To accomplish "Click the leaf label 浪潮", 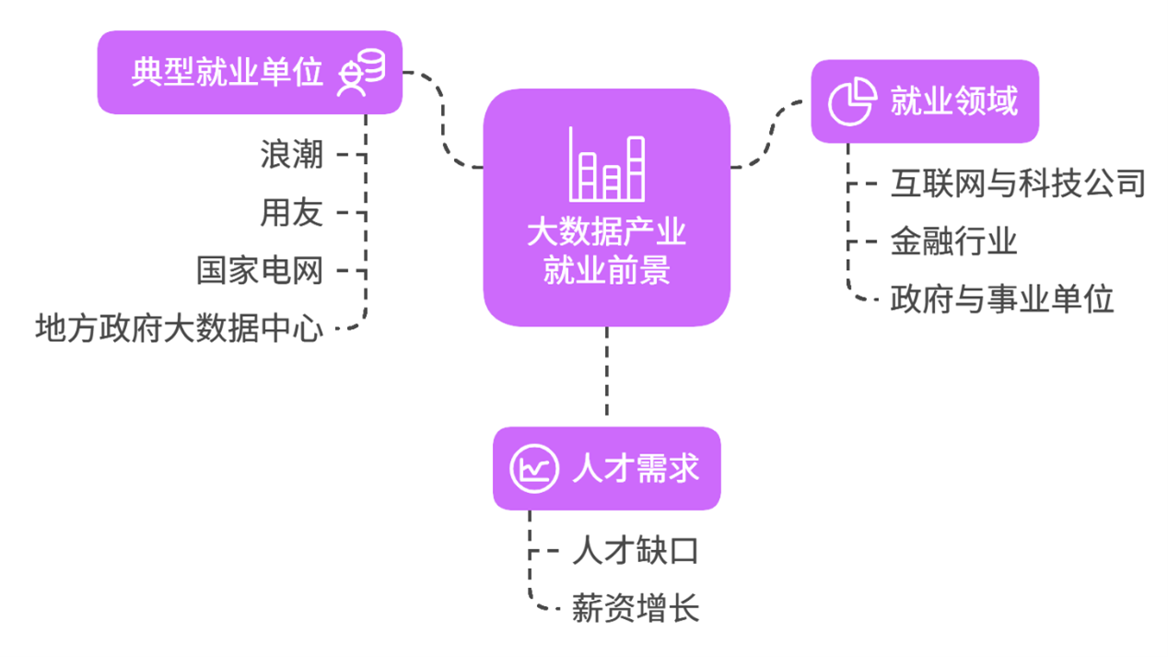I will coord(292,154).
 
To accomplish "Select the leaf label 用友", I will coord(292,213).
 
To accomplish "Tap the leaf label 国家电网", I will coord(261,271).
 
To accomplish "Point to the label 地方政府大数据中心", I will coord(180,328).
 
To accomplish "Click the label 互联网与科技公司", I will coord(1017,183).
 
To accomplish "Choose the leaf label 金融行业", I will coord(953,241).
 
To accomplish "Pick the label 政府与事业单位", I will coord(1002,299).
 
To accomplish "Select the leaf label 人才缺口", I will coord(635,551).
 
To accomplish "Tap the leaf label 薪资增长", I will coord(635,609).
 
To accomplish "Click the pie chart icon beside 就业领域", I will coord(851,101).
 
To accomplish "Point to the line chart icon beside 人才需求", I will coord(534,468).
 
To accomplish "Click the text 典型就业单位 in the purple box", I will coord(228,73).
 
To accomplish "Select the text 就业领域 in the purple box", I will coord(953,101).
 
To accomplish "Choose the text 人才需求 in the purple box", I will coord(635,468).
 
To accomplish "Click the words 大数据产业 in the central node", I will coord(606,231).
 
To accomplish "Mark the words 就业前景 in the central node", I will coord(606,271).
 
